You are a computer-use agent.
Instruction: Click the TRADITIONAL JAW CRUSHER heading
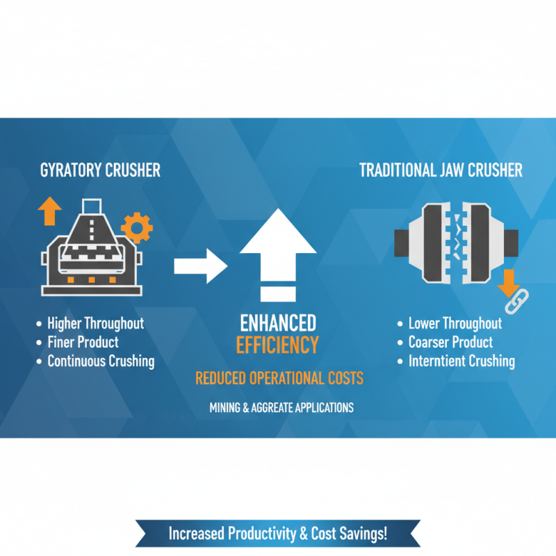pyautogui.click(x=441, y=170)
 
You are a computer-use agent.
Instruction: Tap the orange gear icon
pyautogui.click(x=136, y=227)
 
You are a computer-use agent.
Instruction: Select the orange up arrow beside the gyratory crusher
pyautogui.click(x=50, y=210)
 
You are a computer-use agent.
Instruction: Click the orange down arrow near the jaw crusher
pyautogui.click(x=508, y=281)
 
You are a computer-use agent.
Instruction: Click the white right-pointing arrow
pyautogui.click(x=200, y=265)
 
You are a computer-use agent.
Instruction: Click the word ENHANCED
pyautogui.click(x=278, y=323)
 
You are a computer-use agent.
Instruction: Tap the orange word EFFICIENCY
pyautogui.click(x=278, y=345)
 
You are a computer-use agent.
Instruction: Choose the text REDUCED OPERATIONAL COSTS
pyautogui.click(x=279, y=379)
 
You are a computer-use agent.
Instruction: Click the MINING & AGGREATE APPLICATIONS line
pyautogui.click(x=281, y=408)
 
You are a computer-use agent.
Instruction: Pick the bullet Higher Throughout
pyautogui.click(x=95, y=323)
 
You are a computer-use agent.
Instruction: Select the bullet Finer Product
pyautogui.click(x=83, y=342)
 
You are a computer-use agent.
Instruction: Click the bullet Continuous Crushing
pyautogui.click(x=101, y=361)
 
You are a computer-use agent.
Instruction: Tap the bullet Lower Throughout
pyautogui.click(x=455, y=324)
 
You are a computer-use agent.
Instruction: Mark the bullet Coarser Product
pyautogui.click(x=450, y=343)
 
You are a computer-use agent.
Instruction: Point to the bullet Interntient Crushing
pyautogui.click(x=461, y=361)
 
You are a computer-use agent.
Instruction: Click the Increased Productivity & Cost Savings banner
pyautogui.click(x=278, y=534)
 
